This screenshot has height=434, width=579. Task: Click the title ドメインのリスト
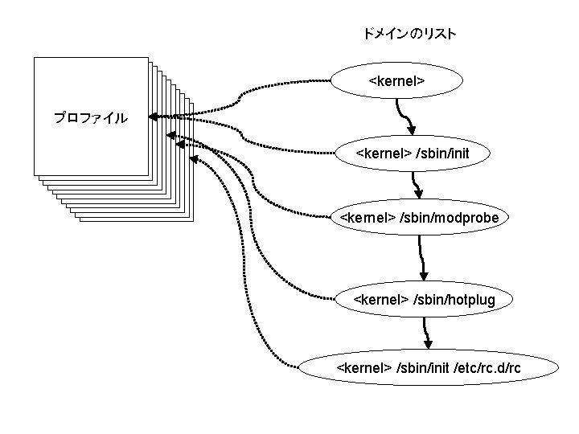(409, 34)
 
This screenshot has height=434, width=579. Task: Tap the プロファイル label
(90, 118)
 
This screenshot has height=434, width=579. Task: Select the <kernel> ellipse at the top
(397, 81)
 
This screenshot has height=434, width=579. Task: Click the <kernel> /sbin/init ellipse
(412, 153)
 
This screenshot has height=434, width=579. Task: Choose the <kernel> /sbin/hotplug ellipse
(425, 300)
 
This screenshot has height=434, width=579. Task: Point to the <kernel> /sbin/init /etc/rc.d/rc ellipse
(428, 368)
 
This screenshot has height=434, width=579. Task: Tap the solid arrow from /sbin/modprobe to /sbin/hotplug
(421, 258)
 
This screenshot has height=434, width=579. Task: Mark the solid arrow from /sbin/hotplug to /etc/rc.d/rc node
(425, 330)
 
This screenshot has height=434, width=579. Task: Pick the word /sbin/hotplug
(454, 300)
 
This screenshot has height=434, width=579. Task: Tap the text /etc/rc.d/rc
(487, 368)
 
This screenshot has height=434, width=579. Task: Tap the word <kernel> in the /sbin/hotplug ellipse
(381, 300)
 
